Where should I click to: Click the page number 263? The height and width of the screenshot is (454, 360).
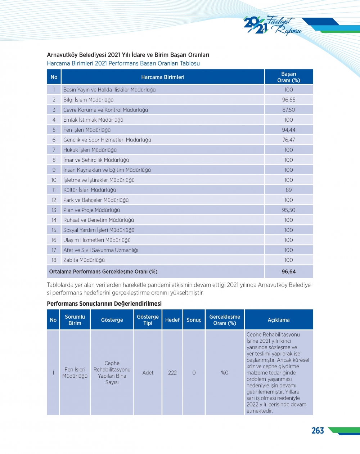pyautogui.click(x=318, y=431)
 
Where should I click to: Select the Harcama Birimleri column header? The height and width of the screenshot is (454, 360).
pyautogui.click(x=162, y=77)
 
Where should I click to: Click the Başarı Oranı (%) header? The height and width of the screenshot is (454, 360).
pyautogui.click(x=288, y=77)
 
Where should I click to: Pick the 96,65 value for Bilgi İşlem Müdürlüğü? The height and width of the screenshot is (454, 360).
pyautogui.click(x=288, y=100)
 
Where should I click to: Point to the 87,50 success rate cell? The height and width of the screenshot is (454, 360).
pyautogui.click(x=288, y=110)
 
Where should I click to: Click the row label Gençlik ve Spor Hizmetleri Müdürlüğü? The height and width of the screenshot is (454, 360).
pyautogui.click(x=107, y=140)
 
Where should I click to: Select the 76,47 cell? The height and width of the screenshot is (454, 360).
pyautogui.click(x=288, y=140)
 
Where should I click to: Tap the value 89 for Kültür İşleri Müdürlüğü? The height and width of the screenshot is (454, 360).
pyautogui.click(x=288, y=190)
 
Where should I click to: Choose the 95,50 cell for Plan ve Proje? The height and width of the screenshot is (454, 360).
pyautogui.click(x=288, y=210)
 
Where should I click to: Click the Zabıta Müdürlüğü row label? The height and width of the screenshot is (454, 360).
pyautogui.click(x=84, y=260)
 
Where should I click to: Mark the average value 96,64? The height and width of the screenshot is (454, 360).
pyautogui.click(x=288, y=272)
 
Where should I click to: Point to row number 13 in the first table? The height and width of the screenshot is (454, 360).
pyautogui.click(x=54, y=210)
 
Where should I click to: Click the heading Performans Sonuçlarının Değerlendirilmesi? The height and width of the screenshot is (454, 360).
pyautogui.click(x=104, y=304)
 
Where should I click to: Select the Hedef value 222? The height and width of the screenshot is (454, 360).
pyautogui.click(x=172, y=373)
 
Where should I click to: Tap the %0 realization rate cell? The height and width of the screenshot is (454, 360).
pyautogui.click(x=225, y=373)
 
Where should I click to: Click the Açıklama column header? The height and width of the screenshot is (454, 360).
pyautogui.click(x=278, y=320)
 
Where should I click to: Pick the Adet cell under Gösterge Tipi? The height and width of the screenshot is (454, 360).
pyautogui.click(x=148, y=373)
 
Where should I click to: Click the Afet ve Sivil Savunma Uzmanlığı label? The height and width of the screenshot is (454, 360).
pyautogui.click(x=100, y=250)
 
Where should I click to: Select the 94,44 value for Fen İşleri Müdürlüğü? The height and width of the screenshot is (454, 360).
pyautogui.click(x=288, y=130)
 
